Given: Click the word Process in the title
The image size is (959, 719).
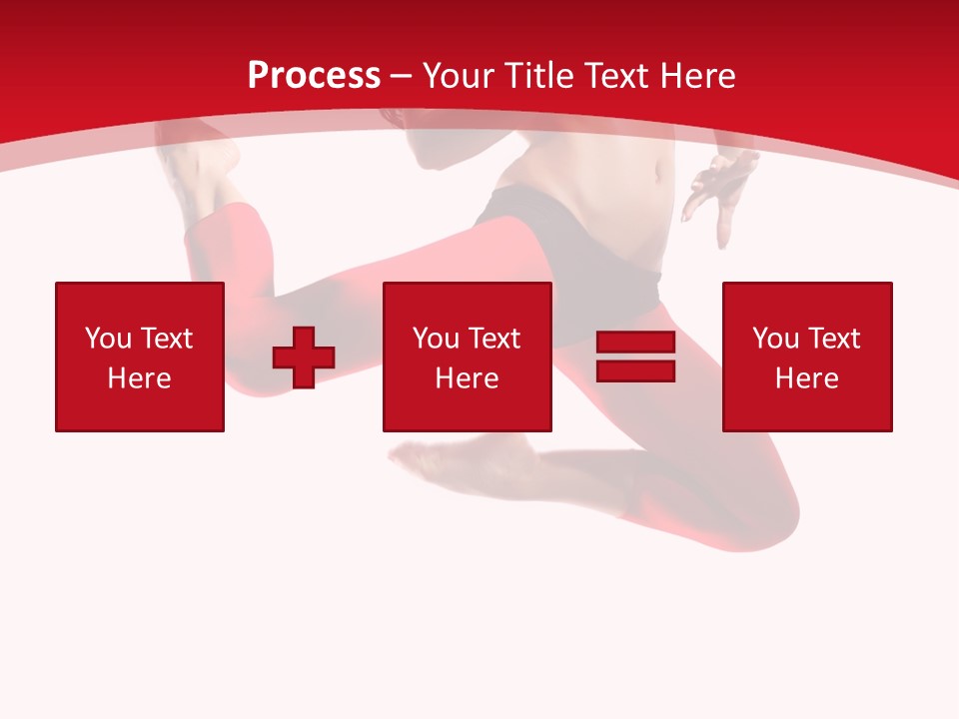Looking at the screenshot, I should [x=314, y=76].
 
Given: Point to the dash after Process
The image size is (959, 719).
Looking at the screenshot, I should [x=401, y=77].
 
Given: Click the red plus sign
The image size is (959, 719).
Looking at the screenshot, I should [x=304, y=358].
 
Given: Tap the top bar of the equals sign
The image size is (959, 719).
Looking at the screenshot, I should [x=635, y=343].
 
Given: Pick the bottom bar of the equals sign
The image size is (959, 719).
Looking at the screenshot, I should [x=635, y=370].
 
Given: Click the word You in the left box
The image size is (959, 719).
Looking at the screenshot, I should [x=108, y=339].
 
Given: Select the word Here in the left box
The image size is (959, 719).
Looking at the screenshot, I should [x=139, y=378].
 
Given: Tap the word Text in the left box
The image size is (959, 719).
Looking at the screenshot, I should [x=166, y=339].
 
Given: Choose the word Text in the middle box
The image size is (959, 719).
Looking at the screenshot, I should [x=493, y=339].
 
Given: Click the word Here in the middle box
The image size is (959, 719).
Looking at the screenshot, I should [x=467, y=378].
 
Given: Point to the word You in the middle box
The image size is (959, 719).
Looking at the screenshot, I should [x=436, y=339].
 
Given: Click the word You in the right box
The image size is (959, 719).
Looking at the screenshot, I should [x=775, y=339].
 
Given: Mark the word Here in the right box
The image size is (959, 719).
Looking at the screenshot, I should [x=806, y=378].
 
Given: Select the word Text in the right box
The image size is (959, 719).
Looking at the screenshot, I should [x=833, y=339].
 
